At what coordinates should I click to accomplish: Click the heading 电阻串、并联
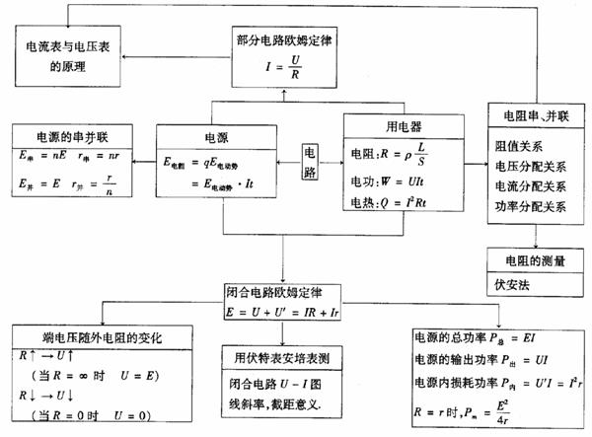(x=536, y=116)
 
